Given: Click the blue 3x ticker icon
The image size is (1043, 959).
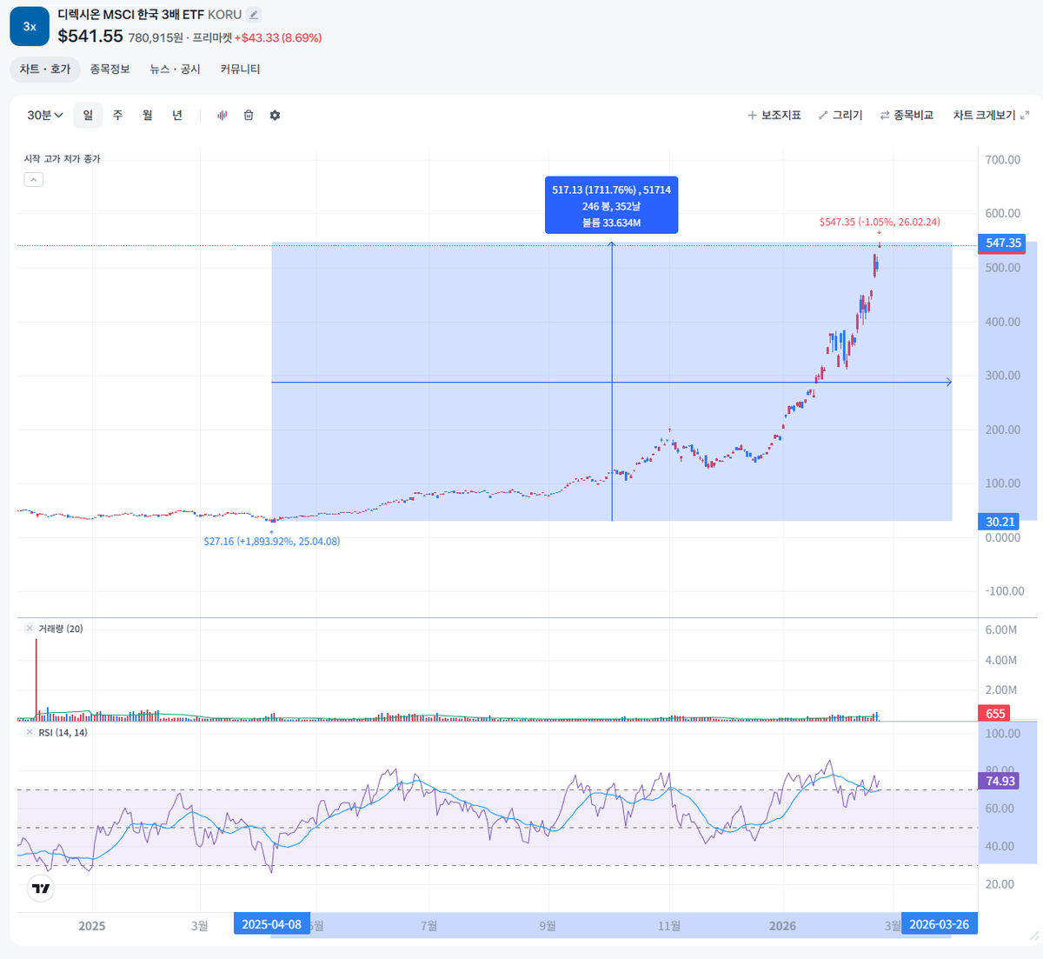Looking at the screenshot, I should point(30,26).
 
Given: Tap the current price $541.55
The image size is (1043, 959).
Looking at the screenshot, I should point(90,37).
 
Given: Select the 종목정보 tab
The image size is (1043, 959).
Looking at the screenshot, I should point(110,70).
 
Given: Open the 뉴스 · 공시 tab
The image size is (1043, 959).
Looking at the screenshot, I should point(175,70).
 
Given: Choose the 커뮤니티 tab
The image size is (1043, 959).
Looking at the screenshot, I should point(240,70).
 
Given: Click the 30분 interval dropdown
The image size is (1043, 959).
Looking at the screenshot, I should point(45,116).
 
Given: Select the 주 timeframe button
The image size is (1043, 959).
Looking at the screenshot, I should point(117,116).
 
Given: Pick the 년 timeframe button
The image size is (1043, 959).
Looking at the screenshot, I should point(177,116).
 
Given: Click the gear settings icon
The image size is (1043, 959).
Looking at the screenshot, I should point(275,116).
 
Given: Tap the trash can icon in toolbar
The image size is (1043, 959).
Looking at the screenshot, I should point(249,116).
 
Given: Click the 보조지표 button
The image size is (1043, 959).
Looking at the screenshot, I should point(774,116).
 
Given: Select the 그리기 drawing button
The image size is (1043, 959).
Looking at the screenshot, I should point(840,116).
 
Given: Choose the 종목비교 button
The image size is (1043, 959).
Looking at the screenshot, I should point(907,116).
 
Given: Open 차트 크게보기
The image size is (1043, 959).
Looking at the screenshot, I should point(991,116).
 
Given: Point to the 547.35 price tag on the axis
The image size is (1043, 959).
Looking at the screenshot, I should point(1003,243).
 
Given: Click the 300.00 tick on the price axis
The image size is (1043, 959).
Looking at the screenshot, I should point(1003,376).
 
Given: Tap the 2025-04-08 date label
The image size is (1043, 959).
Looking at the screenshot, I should point(271,924).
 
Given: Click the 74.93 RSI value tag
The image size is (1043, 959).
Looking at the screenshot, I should point(1000,781).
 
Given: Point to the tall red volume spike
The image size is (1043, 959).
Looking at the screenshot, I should point(37,678).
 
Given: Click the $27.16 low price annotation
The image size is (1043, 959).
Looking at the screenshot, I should point(272,542).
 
